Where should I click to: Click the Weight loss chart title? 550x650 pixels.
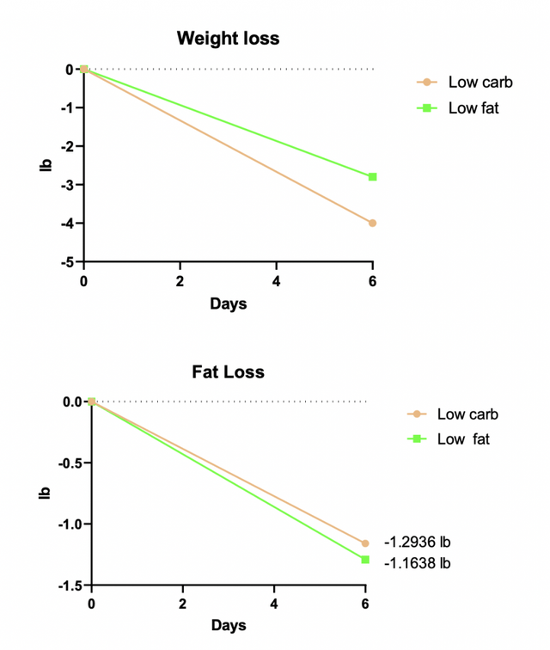tap(228, 38)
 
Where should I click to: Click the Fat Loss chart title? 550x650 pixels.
tap(228, 372)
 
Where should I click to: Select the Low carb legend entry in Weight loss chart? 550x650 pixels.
tap(480, 83)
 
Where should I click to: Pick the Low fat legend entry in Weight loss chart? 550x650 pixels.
tap(473, 108)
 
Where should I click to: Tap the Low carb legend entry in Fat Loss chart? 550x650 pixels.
tap(467, 414)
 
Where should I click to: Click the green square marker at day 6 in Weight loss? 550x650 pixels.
tap(372, 177)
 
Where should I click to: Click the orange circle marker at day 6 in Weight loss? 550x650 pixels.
tap(372, 223)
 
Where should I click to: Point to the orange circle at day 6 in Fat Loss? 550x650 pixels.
tap(365, 543)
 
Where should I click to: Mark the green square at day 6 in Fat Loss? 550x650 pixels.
tap(365, 560)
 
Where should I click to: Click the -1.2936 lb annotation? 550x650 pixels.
tap(417, 543)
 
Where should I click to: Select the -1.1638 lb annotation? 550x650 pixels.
tap(417, 564)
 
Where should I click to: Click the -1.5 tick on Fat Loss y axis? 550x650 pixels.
tap(69, 586)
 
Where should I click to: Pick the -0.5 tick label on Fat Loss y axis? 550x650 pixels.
tap(69, 463)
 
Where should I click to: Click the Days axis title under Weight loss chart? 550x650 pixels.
tap(228, 304)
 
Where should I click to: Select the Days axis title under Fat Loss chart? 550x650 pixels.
tap(228, 625)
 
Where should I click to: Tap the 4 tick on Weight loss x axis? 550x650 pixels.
tap(276, 281)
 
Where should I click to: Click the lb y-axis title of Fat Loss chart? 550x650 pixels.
tap(45, 494)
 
